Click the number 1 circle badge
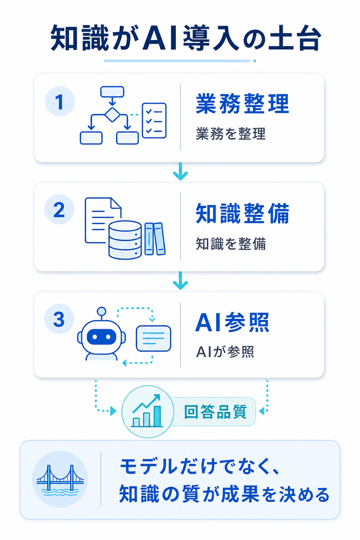(60, 102)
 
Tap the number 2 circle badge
(59, 209)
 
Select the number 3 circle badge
(59, 319)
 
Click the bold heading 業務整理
(242, 104)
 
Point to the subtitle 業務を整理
(231, 134)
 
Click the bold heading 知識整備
(242, 213)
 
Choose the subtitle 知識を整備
(231, 244)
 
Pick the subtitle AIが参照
(225, 352)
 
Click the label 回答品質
(215, 412)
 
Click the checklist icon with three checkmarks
(154, 121)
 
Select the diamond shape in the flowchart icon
(112, 115)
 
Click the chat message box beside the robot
(154, 338)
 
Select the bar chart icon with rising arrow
(147, 411)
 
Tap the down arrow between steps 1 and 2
(180, 171)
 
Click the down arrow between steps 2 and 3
(180, 280)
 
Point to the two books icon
(155, 239)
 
